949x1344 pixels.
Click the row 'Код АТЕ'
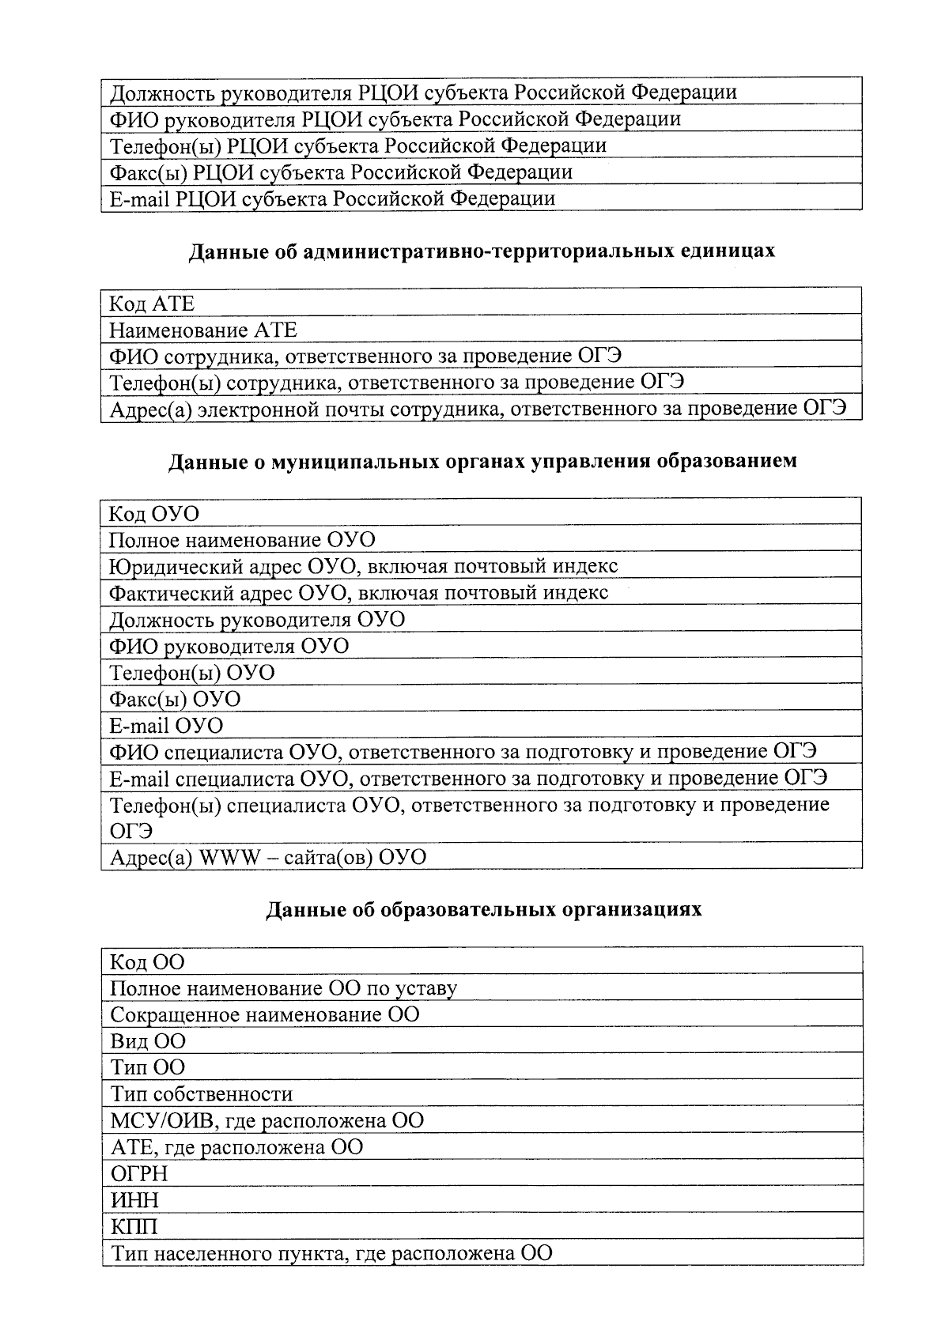click(x=151, y=304)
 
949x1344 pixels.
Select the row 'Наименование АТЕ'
click(x=202, y=330)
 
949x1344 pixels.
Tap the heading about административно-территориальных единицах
click(x=481, y=251)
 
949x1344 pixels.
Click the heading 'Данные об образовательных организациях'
click(x=483, y=910)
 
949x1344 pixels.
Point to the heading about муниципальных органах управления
click(x=482, y=462)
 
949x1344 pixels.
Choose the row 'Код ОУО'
click(x=153, y=514)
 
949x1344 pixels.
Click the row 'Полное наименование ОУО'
click(x=241, y=540)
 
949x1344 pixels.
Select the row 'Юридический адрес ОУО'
click(x=363, y=566)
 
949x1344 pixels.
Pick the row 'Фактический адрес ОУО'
click(x=358, y=593)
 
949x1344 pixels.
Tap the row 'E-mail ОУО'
click(x=166, y=726)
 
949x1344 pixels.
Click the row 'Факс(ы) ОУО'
click(x=175, y=700)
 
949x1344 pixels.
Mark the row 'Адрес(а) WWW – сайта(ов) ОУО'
click(x=267, y=858)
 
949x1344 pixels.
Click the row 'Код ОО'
click(x=147, y=962)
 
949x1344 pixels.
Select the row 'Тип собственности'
click(x=201, y=1094)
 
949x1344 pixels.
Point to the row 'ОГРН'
click(x=139, y=1173)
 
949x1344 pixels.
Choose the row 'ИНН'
click(x=134, y=1200)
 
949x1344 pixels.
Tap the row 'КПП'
click(x=134, y=1226)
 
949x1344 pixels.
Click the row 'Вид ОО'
click(x=148, y=1041)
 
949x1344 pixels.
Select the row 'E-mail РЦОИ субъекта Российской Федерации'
click(x=332, y=198)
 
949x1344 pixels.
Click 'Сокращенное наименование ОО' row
click(x=264, y=1014)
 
